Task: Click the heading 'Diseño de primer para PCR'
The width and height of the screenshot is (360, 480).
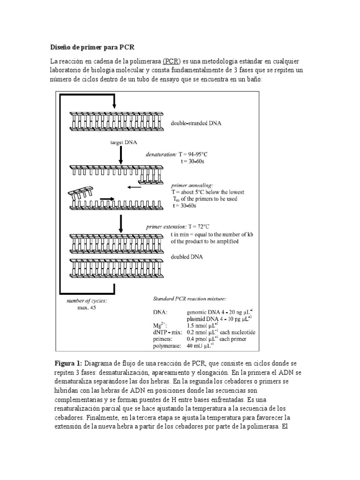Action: click(x=92, y=48)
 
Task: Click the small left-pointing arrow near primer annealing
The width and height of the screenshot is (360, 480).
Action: click(x=135, y=187)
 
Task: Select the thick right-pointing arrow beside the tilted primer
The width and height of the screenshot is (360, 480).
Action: click(x=107, y=199)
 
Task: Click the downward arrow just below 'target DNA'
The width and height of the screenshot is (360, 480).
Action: click(x=121, y=154)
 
